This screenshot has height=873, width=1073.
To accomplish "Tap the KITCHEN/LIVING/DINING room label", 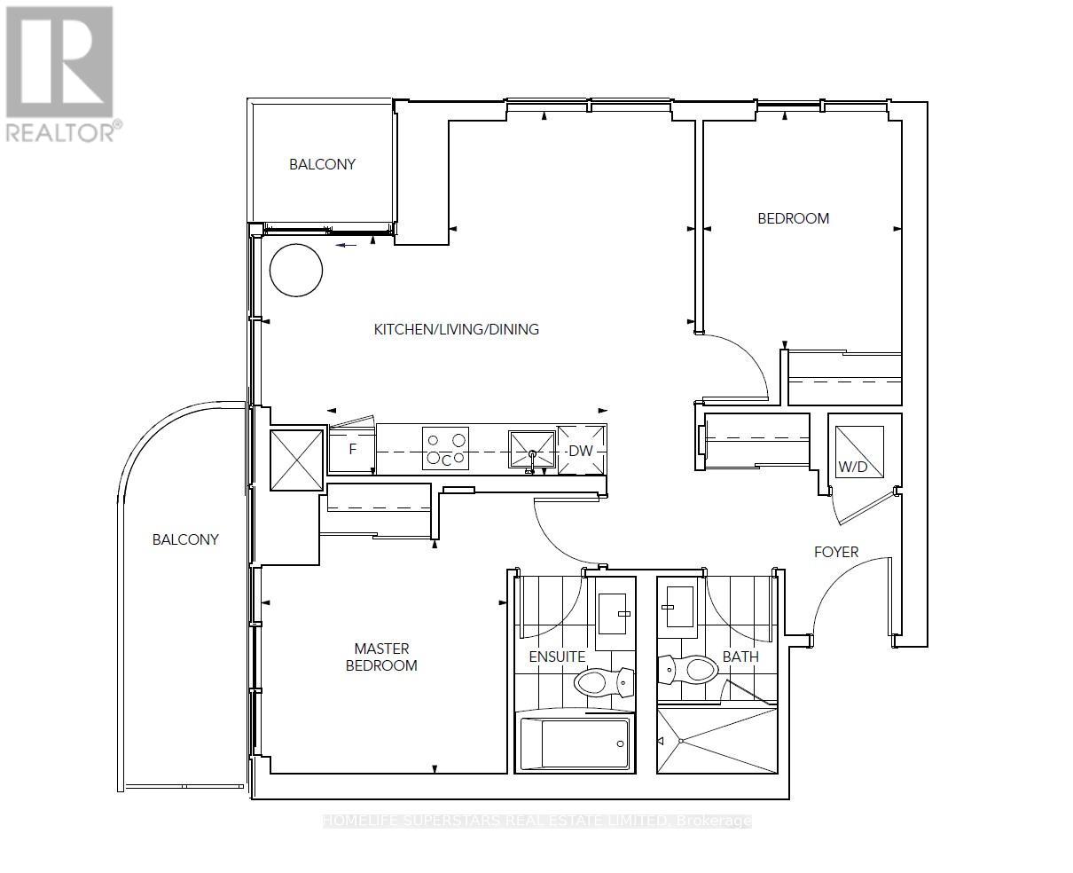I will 456,329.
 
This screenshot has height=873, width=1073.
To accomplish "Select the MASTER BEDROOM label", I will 381,657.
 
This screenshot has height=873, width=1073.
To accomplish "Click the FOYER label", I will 836,552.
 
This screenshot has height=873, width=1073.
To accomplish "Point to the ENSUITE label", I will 557,657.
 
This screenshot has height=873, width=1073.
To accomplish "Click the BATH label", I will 740,657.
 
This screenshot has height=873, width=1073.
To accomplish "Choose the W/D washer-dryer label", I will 852,467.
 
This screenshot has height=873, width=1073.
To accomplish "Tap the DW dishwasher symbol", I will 582,450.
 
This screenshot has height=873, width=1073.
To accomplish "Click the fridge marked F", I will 351,450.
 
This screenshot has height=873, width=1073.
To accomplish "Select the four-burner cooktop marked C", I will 445,448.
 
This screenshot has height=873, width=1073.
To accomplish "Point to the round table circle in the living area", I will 296,270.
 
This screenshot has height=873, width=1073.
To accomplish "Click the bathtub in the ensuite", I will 575,743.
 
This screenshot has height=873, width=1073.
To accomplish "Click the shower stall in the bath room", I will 717,740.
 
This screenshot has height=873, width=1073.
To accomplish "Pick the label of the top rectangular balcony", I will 322,164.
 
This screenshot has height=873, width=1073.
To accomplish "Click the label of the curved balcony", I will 185,539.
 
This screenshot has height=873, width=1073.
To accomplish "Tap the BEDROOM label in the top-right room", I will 793,218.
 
